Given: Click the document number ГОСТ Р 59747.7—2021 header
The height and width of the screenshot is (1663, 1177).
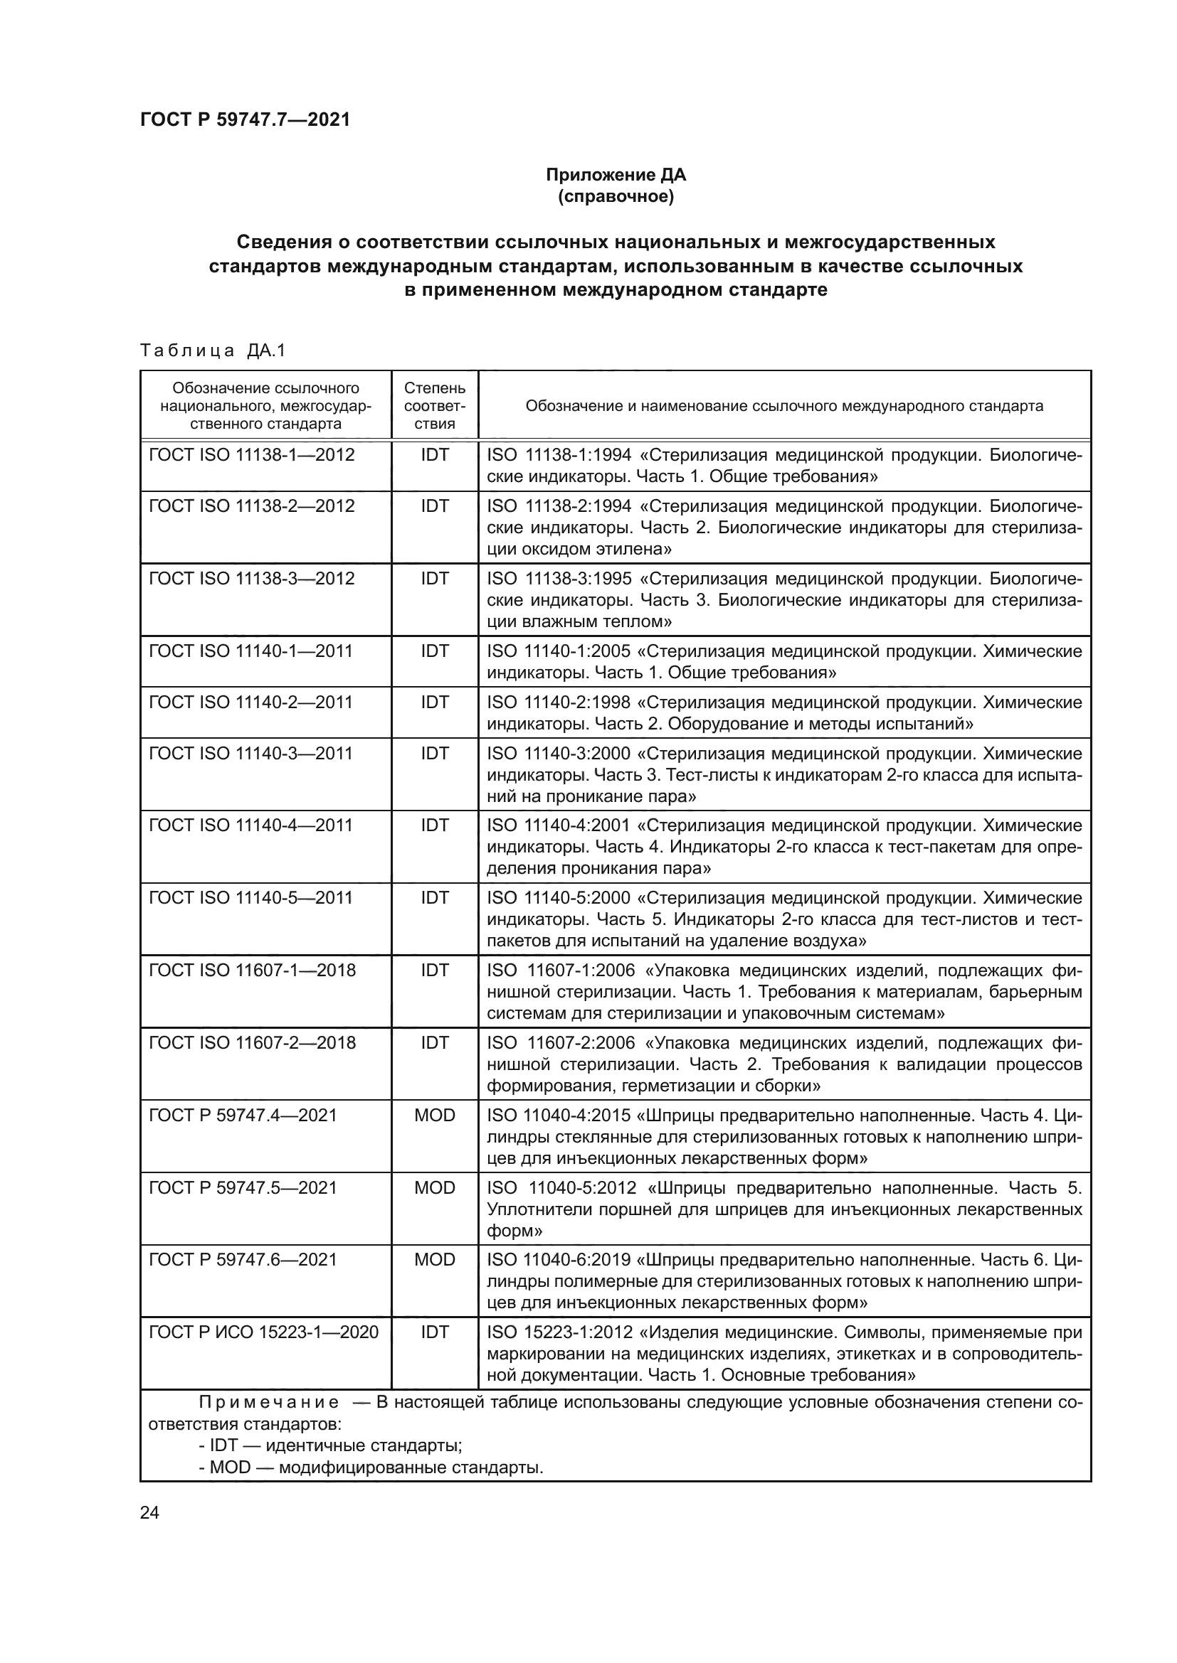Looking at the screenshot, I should [x=245, y=119].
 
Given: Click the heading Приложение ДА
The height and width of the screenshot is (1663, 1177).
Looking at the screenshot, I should [x=616, y=175].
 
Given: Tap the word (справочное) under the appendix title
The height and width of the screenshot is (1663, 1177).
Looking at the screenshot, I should [x=616, y=196].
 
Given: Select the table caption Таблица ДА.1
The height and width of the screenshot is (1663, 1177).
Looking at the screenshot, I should [x=213, y=351].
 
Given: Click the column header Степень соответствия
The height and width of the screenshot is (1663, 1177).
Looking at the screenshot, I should [x=435, y=405].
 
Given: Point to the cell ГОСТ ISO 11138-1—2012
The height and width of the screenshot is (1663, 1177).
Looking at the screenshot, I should [x=251, y=455].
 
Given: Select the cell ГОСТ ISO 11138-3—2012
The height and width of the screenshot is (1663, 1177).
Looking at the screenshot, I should [x=251, y=578].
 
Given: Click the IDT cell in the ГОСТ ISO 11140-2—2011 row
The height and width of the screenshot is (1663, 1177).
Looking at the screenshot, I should [x=435, y=702].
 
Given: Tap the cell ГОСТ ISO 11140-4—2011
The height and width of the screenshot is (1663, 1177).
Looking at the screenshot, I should [x=250, y=825].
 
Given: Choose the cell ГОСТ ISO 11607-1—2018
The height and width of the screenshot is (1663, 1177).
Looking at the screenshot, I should [x=252, y=970].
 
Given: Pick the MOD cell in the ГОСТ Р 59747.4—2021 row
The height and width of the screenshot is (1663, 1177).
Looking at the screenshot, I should [x=435, y=1115].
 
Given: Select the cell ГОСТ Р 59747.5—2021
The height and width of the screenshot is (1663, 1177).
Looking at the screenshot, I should [x=243, y=1187].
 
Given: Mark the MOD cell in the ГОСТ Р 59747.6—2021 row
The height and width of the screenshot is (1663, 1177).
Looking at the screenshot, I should [x=435, y=1259].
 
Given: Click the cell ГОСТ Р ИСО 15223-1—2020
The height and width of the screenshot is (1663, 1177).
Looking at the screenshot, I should [x=264, y=1331].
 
